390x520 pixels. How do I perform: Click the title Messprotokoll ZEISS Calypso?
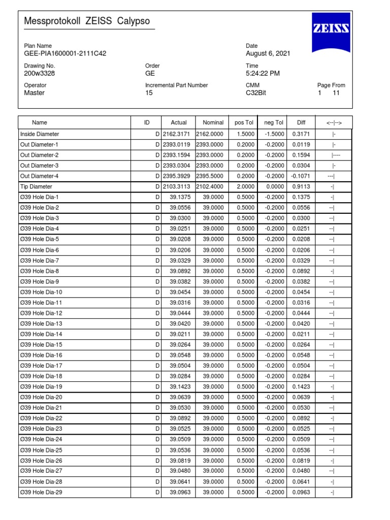tap(87, 21)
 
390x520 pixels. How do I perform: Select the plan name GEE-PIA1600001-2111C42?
tap(65, 53)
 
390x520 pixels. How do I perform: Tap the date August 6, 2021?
tap(268, 53)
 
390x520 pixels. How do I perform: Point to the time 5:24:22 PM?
tap(263, 73)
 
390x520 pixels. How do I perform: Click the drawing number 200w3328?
tap(40, 73)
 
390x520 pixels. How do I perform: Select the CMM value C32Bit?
tap(256, 93)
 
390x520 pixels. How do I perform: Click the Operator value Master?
tap(35, 93)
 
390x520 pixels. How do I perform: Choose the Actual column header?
tap(179, 122)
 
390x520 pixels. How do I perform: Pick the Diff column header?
tap(302, 122)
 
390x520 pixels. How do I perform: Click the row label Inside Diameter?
tap(40, 134)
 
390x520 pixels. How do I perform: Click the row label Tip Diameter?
tap(36, 186)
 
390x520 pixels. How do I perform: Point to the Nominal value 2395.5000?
tap(209, 176)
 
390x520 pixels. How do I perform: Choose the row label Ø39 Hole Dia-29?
tap(41, 492)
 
